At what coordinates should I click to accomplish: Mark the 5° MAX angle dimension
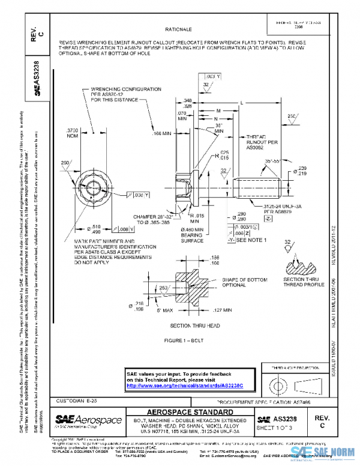pyautogui.click(x=164, y=310)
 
